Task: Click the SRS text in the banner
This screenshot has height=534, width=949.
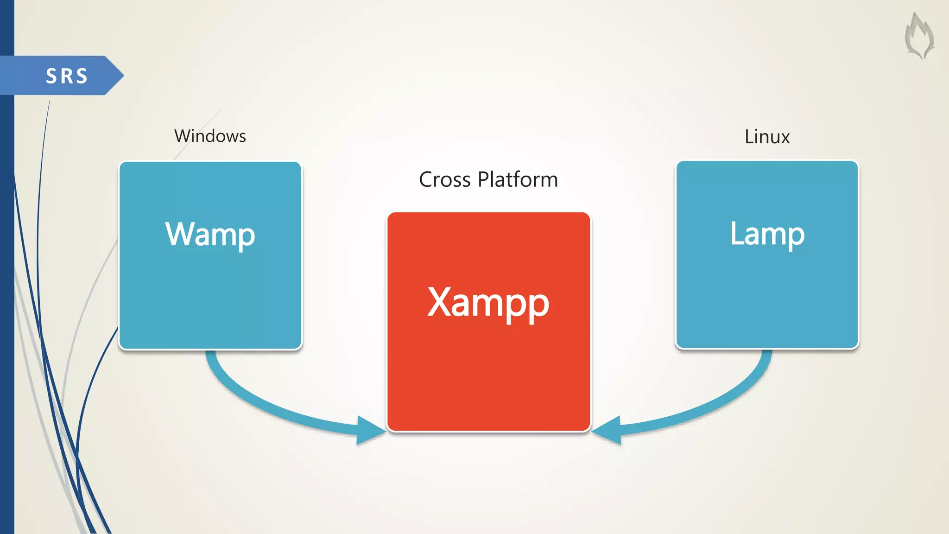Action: (67, 76)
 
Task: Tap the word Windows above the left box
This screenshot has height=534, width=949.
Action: (210, 136)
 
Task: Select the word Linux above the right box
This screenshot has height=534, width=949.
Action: (767, 137)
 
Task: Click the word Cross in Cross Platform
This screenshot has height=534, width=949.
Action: (444, 180)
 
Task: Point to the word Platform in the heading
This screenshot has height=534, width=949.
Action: (518, 180)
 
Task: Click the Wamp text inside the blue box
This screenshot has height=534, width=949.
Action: (210, 235)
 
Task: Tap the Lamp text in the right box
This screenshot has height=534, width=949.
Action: (767, 234)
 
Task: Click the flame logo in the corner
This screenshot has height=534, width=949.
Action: (919, 36)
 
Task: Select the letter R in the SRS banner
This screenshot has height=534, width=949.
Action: (67, 76)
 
